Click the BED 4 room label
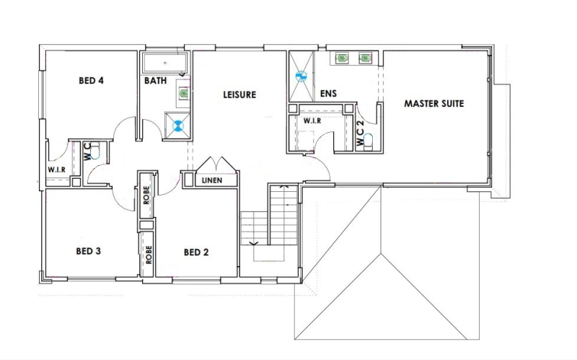pyautogui.click(x=91, y=80)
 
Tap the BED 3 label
pyautogui.click(x=88, y=251)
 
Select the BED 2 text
pyautogui.click(x=196, y=253)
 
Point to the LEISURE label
pyautogui.click(x=239, y=95)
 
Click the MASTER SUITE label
pyautogui.click(x=434, y=103)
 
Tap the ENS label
pyautogui.click(x=328, y=94)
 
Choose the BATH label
pyautogui.click(x=155, y=80)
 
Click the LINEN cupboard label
pyautogui.click(x=212, y=180)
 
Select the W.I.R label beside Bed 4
pyautogui.click(x=57, y=170)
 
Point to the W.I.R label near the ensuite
pyautogui.click(x=312, y=120)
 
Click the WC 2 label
pyautogui.click(x=360, y=133)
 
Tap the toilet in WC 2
pyautogui.click(x=368, y=141)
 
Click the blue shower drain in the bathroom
pyautogui.click(x=178, y=126)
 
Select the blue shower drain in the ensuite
pyautogui.click(x=301, y=76)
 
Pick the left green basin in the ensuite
pyautogui.click(x=342, y=58)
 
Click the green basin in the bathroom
pyautogui.click(x=184, y=93)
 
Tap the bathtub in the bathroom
pyautogui.click(x=165, y=63)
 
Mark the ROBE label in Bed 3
pyautogui.click(x=149, y=255)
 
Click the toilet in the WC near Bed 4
pyautogui.click(x=95, y=150)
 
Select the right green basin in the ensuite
pyautogui.click(x=364, y=58)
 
